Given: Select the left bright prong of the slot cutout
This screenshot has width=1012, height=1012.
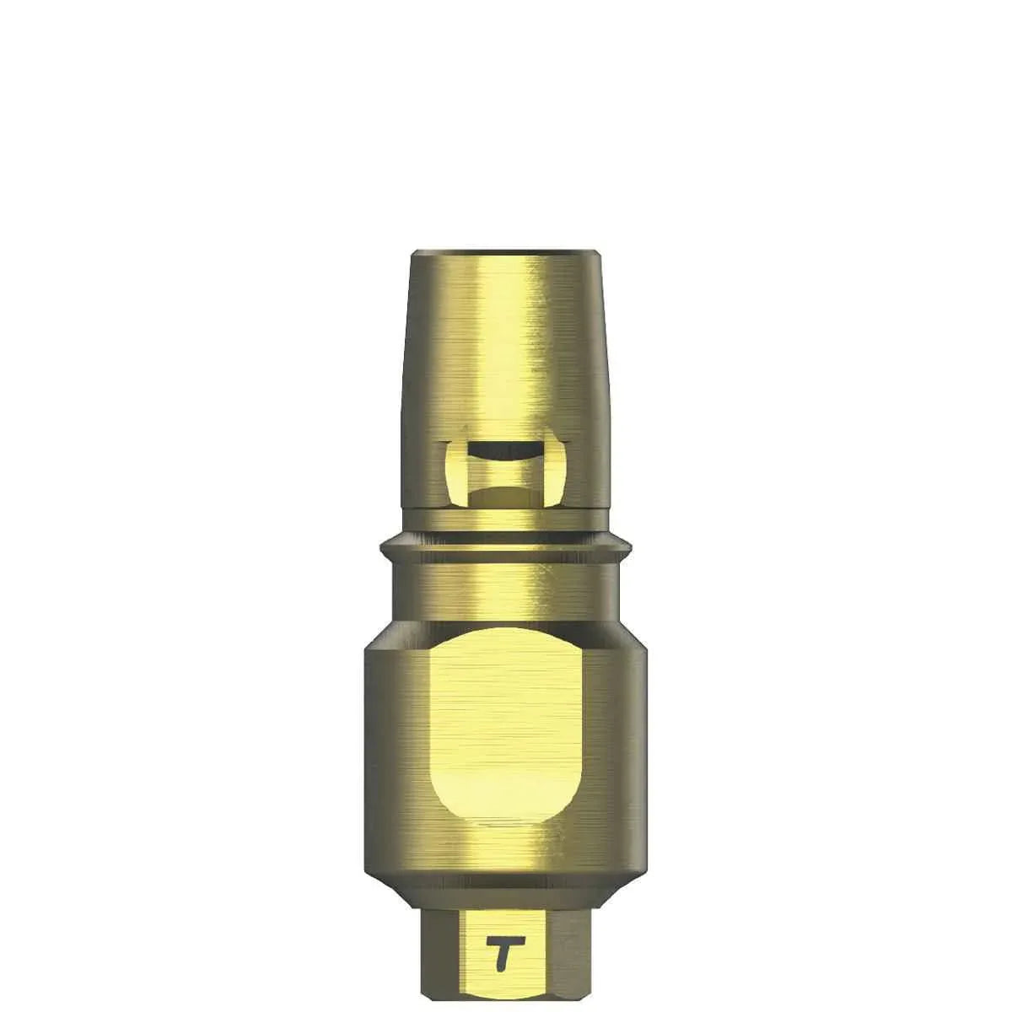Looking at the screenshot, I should (452, 474).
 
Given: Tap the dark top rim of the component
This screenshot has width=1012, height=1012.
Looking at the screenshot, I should (506, 252).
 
